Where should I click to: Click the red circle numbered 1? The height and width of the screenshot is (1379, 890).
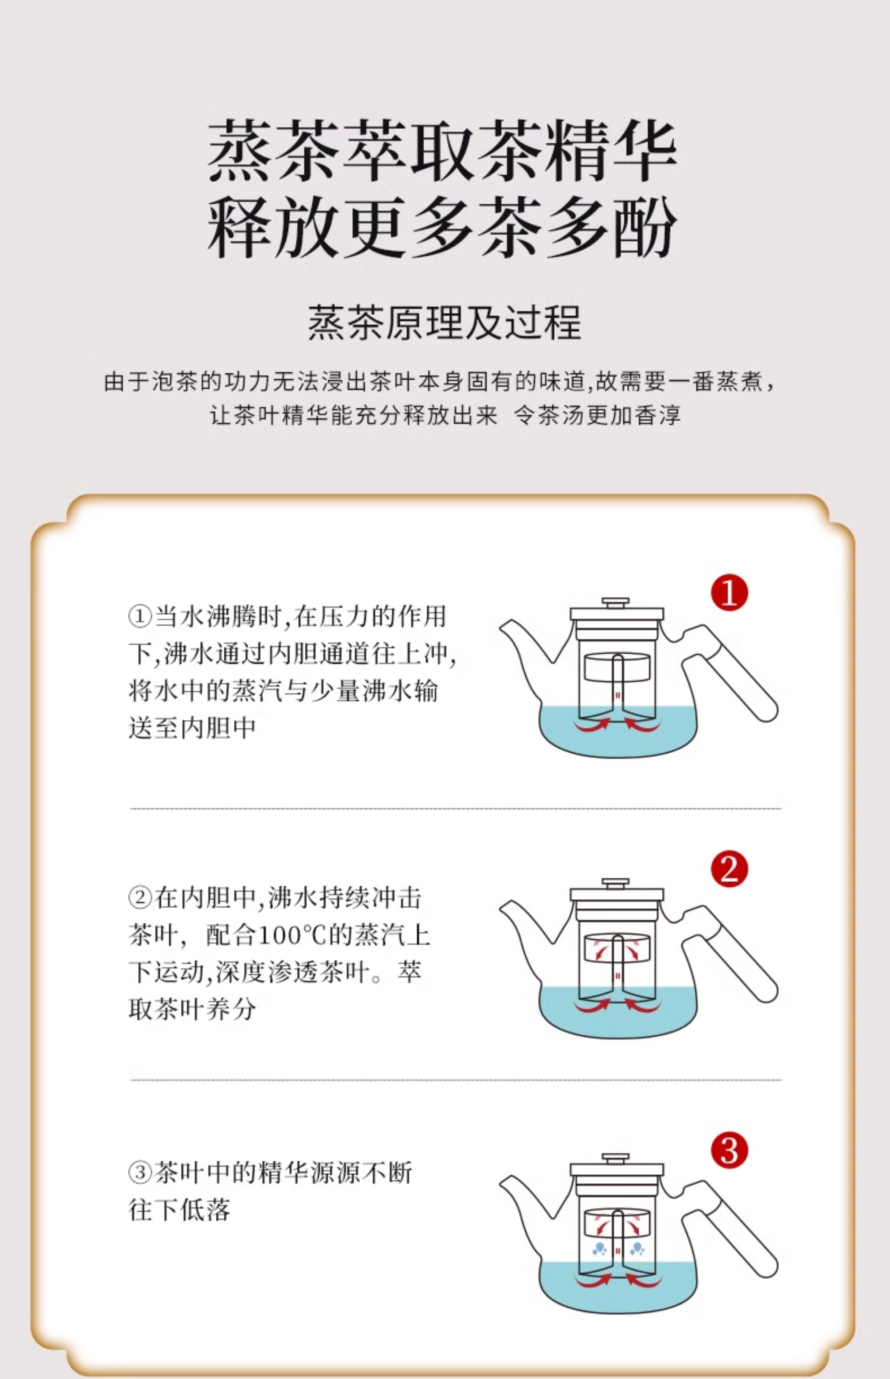click(729, 593)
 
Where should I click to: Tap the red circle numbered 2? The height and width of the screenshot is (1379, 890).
click(729, 869)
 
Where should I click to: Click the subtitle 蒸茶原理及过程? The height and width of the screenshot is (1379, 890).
click(444, 322)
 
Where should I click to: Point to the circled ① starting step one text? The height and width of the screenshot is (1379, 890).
click(140, 616)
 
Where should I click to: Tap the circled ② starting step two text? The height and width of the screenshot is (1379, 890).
click(140, 898)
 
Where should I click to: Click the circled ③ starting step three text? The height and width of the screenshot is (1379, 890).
click(140, 1173)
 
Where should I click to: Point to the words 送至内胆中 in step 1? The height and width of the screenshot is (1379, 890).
click(192, 727)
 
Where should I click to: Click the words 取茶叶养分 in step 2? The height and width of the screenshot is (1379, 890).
click(192, 1009)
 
